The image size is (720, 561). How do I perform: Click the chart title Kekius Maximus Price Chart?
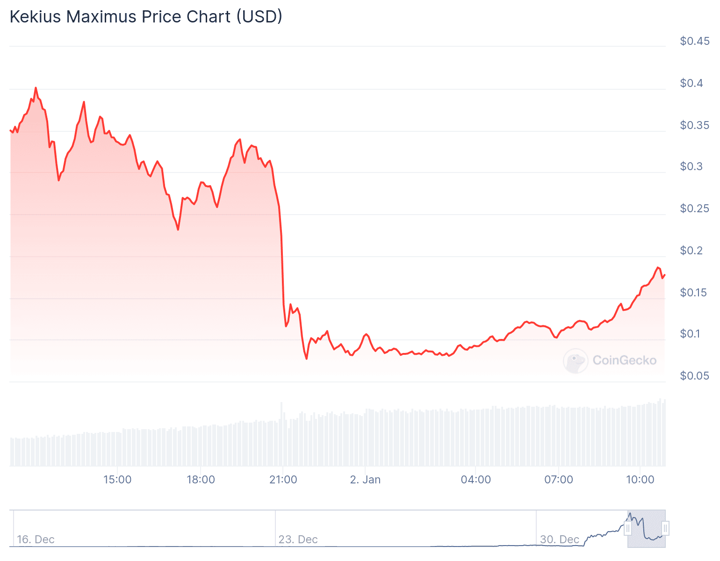click(145, 17)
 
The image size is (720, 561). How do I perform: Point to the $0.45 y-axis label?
click(694, 41)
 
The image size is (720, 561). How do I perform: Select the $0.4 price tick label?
click(691, 83)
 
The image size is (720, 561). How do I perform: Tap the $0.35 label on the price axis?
click(694, 125)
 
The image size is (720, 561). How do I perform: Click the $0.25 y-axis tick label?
click(694, 209)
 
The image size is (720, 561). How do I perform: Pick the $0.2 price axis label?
click(691, 251)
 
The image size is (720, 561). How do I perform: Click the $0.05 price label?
click(694, 376)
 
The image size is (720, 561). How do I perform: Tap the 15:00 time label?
click(117, 480)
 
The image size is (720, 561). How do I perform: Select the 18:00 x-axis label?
click(201, 480)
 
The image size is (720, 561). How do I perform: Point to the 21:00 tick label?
click(283, 480)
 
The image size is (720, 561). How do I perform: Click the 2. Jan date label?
click(365, 480)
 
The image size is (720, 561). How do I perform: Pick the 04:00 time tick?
click(475, 480)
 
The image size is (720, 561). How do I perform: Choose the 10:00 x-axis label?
click(640, 480)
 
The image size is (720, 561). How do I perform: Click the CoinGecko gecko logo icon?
click(576, 360)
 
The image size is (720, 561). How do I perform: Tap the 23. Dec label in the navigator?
click(298, 539)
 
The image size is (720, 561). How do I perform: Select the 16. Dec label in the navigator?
click(36, 539)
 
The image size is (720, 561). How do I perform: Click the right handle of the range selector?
click(665, 528)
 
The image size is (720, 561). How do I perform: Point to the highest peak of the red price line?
click(36, 88)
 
